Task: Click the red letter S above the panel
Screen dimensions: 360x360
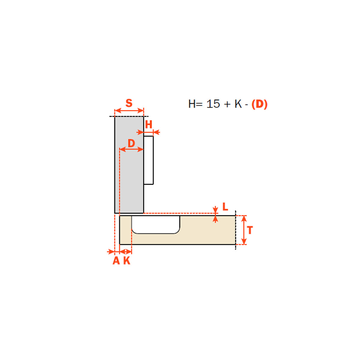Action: (x=129, y=103)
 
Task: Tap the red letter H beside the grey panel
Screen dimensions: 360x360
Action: (x=149, y=124)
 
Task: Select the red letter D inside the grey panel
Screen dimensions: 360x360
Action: (x=131, y=143)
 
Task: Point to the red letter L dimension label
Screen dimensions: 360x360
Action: (x=225, y=207)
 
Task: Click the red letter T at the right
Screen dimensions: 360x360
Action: (x=250, y=230)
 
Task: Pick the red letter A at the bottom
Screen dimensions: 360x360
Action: (x=116, y=260)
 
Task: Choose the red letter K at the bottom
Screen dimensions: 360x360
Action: (x=127, y=260)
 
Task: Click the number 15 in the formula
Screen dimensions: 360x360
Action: (x=213, y=104)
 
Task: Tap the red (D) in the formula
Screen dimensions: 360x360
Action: (x=259, y=104)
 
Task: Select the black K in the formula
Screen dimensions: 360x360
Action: (x=238, y=104)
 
